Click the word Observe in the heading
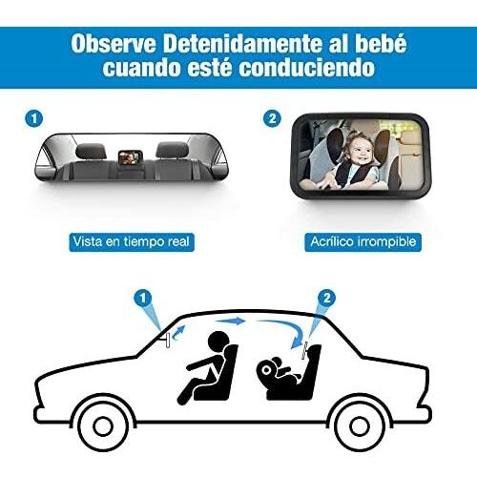(x=114, y=44)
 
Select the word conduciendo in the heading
(x=307, y=68)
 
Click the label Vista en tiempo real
(x=132, y=242)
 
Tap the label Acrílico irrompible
(x=363, y=242)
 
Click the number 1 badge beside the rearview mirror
(x=33, y=118)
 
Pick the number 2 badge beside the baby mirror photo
(x=272, y=118)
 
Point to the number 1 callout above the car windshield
(x=143, y=298)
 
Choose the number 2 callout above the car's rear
(x=327, y=298)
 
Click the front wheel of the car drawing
(x=103, y=425)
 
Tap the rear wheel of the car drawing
(x=360, y=425)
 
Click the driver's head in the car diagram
(x=218, y=342)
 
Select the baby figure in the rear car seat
(x=278, y=372)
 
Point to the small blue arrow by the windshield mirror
(x=178, y=332)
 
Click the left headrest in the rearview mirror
(x=91, y=151)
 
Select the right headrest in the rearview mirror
(x=172, y=150)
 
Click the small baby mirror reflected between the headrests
(x=131, y=156)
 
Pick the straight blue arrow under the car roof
(x=232, y=321)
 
